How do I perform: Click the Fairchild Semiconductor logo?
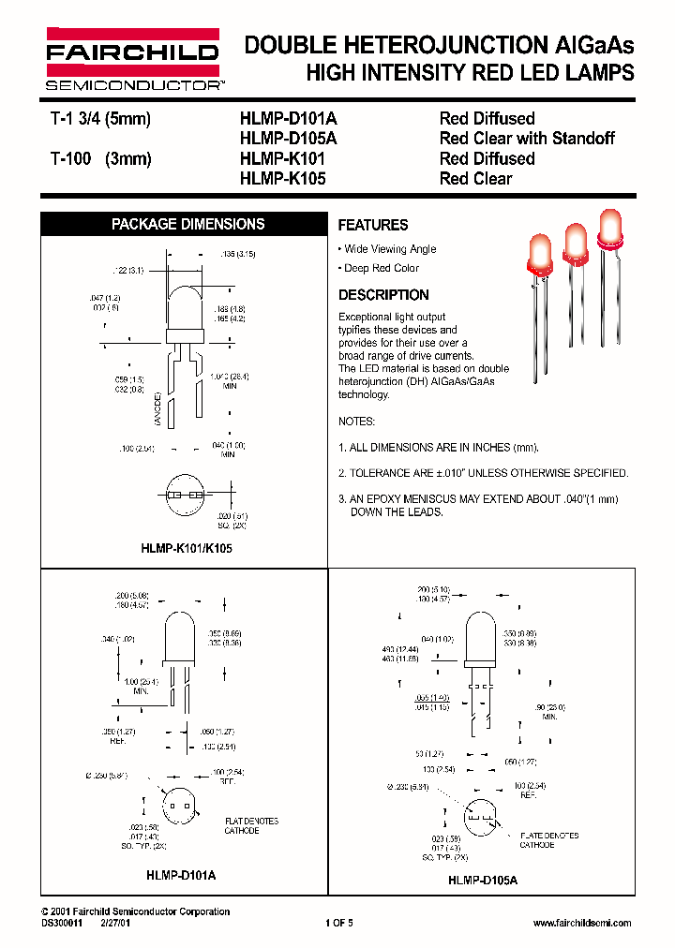pos(132,58)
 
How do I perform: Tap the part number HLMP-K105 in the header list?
pos(283,178)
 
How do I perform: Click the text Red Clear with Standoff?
pos(527,139)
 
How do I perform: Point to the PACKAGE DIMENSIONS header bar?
pos(187,224)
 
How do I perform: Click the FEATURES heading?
pos(372,225)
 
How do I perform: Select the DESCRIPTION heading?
pos(382,294)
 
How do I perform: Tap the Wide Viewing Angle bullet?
pos(389,249)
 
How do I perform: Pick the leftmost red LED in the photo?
pos(541,256)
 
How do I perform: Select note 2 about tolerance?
pos(483,473)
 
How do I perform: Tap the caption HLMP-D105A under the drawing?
pos(482,880)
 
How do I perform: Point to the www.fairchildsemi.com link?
pos(581,923)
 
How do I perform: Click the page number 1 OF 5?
pos(338,923)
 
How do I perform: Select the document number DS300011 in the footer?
pos(63,923)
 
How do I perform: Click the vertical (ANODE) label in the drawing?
pos(158,410)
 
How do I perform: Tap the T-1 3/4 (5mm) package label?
pos(99,119)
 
